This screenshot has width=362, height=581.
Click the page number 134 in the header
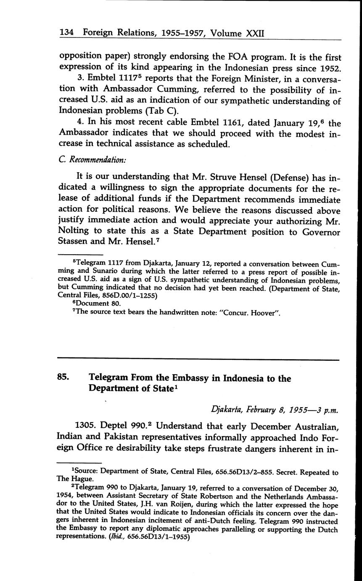[x=67, y=33]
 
